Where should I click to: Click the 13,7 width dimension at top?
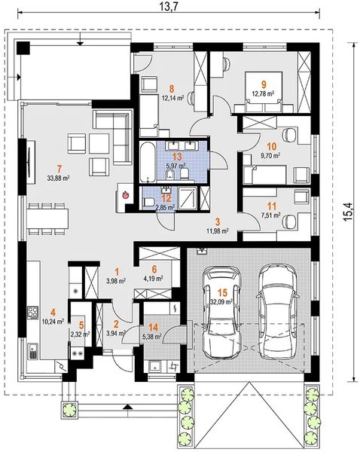click(x=168, y=5)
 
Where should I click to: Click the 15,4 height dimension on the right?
click(x=348, y=212)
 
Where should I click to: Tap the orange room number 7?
click(x=59, y=169)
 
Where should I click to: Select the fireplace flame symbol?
click(x=126, y=195)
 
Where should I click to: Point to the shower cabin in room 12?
click(x=188, y=198)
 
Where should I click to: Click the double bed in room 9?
click(x=263, y=92)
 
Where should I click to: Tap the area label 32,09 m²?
click(x=221, y=302)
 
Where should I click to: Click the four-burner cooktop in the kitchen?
click(x=32, y=312)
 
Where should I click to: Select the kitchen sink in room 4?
click(x=33, y=351)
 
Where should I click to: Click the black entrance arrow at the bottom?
click(x=129, y=407)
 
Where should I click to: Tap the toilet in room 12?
click(x=148, y=201)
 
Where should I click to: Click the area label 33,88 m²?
click(x=59, y=179)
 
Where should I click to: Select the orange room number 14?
click(x=154, y=328)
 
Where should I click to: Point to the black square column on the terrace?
click(x=23, y=48)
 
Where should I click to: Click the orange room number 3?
click(x=218, y=221)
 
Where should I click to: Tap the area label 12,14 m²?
click(x=173, y=98)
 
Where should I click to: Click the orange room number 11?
click(x=272, y=206)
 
